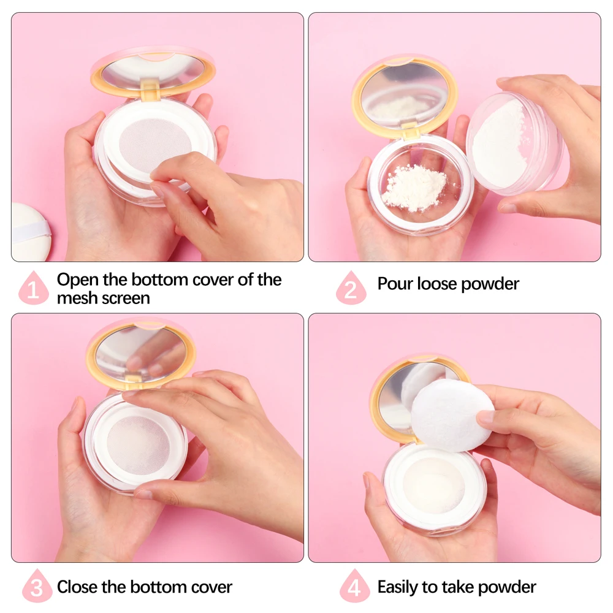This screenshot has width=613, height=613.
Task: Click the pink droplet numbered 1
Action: pos(34,289)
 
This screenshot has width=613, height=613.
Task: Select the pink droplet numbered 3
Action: pos(36,587)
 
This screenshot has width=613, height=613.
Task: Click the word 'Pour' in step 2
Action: pos(395,284)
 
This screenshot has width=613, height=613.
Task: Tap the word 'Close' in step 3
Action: pos(78,587)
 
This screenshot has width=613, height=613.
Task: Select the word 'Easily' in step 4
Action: pos(402,587)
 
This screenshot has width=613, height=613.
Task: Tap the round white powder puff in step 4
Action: pos(452,414)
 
